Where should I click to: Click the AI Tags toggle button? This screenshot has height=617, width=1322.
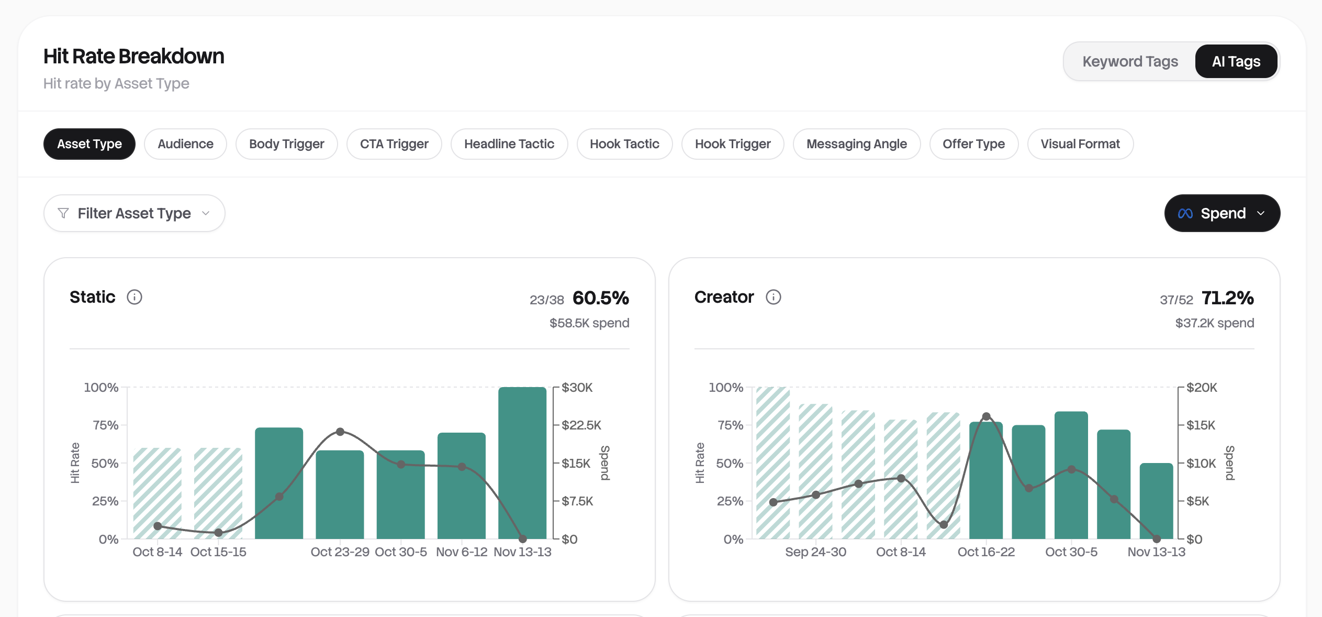1236,61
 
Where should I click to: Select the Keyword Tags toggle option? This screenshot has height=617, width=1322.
1130,61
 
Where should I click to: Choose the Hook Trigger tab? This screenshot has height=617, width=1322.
732,144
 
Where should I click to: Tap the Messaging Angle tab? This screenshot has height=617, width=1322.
856,144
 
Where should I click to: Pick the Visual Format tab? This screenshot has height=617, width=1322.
1080,144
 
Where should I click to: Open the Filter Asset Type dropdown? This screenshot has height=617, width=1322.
134,213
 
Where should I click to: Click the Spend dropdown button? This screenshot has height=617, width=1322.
1222,213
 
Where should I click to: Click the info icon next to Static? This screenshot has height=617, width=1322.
135,297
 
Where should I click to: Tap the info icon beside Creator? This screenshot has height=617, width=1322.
773,297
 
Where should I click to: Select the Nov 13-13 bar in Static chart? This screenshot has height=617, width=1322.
522,464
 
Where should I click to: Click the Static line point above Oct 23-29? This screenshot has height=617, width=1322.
340,432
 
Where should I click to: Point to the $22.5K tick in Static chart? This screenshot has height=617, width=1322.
581,425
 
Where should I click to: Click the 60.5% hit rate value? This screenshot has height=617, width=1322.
600,298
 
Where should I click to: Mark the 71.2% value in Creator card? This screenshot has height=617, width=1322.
1227,298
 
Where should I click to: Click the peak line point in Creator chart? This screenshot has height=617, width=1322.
986,416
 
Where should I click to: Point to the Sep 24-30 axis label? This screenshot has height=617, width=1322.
815,552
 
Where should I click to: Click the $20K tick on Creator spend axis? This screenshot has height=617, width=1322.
1201,388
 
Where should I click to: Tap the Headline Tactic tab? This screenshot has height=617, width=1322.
509,144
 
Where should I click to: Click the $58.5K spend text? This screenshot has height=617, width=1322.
589,323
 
